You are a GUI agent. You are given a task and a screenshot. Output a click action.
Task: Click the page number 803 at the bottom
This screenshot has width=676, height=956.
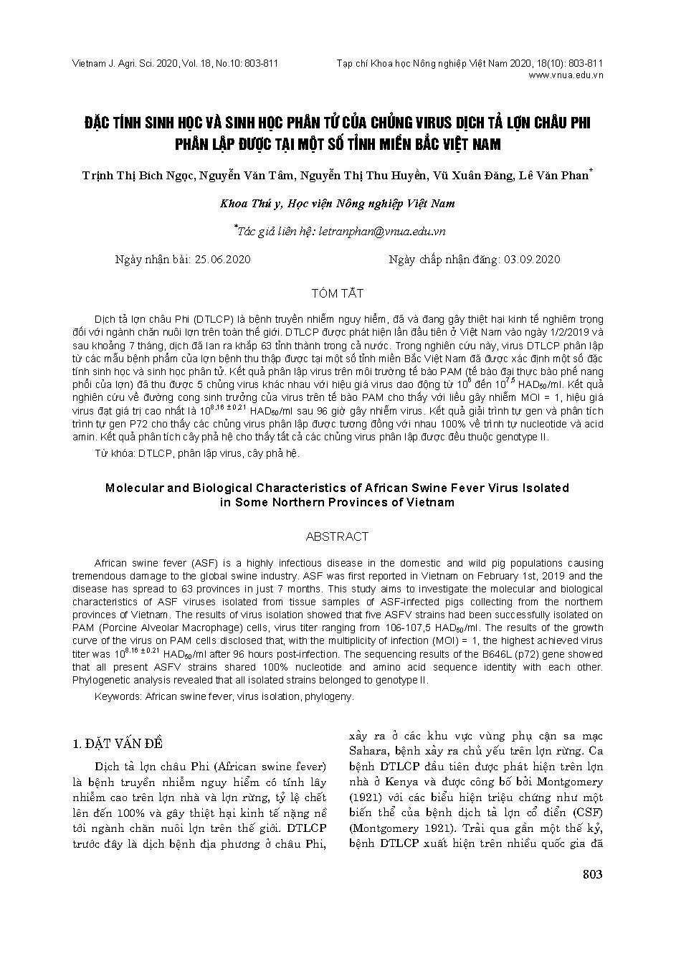point(593,874)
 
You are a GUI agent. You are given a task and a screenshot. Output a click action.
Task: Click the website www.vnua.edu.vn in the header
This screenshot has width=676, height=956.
point(565,75)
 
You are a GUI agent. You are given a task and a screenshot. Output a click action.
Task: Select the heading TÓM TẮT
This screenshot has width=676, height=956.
point(337,293)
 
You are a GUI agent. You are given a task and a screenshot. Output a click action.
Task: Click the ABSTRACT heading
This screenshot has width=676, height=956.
point(337,536)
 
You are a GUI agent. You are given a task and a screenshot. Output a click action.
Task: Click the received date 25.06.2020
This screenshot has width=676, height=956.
point(222,260)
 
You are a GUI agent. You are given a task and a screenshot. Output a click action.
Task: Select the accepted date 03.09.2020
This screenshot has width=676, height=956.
point(532,260)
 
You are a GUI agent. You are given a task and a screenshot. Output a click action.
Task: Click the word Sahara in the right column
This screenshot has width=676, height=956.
point(369,752)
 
